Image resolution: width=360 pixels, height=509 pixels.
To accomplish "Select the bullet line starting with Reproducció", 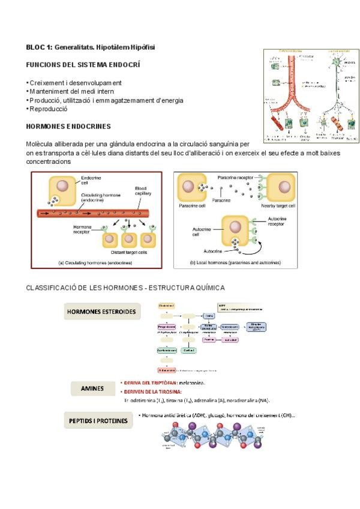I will coord(47,109).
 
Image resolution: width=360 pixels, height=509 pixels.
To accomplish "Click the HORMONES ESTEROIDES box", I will coord(101,312).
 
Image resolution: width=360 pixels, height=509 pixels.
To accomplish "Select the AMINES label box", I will coord(92,388).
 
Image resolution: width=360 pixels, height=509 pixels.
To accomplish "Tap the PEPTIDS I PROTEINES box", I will coord(97,421).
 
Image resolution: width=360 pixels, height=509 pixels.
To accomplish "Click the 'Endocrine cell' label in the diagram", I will coord(91,181).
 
